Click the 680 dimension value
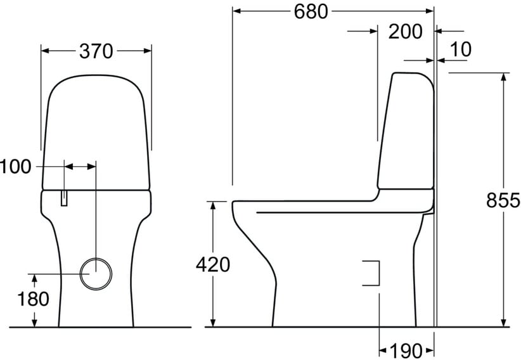(x=311, y=11)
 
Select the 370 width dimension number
(x=96, y=51)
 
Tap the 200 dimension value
(x=405, y=32)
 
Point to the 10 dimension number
(x=461, y=49)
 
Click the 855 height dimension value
(x=503, y=200)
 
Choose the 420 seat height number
(x=213, y=264)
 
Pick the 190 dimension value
(x=406, y=350)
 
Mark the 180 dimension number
(x=33, y=299)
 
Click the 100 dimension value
(x=15, y=167)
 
